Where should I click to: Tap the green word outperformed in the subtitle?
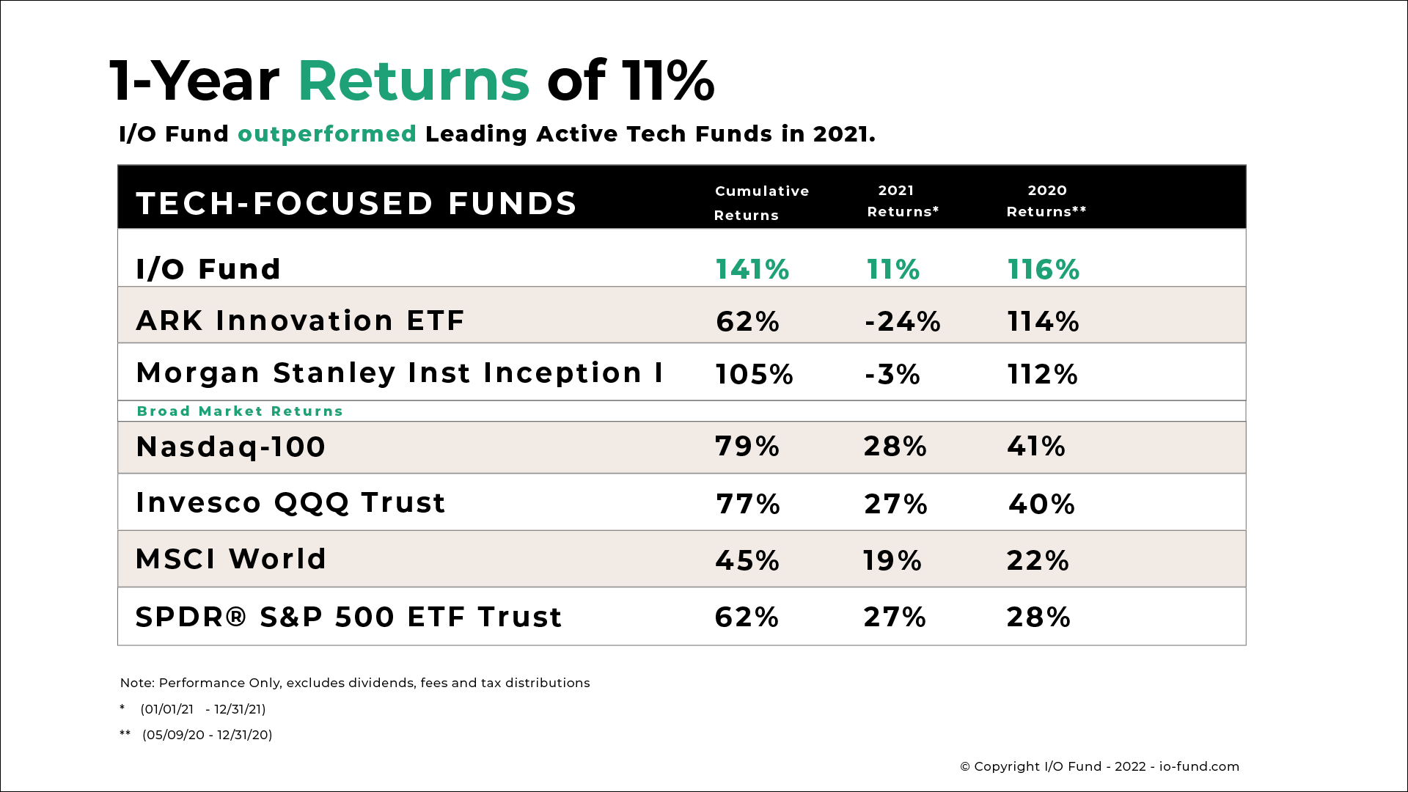click(327, 134)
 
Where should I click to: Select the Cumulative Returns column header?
click(761, 202)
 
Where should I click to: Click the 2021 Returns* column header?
click(903, 201)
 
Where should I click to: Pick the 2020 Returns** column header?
click(1046, 201)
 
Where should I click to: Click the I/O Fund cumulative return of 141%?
click(752, 270)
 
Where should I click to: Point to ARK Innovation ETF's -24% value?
click(903, 322)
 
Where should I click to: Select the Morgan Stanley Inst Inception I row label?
click(400, 373)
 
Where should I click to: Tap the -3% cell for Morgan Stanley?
click(892, 375)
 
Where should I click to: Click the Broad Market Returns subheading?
click(240, 411)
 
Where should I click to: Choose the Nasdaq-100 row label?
click(231, 447)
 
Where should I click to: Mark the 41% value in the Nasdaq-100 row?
click(1036, 447)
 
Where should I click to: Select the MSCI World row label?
click(231, 560)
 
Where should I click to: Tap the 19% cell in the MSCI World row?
click(892, 561)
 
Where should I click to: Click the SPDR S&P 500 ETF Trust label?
click(348, 617)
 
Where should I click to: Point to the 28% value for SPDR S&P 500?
click(1038, 617)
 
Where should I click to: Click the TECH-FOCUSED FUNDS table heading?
click(357, 204)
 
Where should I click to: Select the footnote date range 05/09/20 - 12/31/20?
click(207, 735)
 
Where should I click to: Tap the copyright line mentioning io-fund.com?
click(1099, 766)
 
